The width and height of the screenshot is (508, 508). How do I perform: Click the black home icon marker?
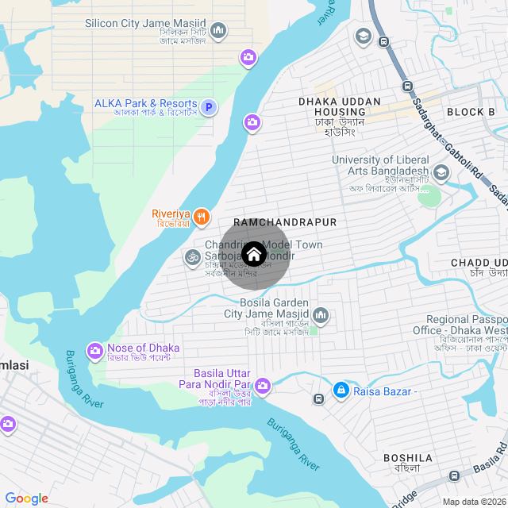click(254, 254)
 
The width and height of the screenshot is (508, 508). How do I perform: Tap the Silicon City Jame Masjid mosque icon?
click(217, 32)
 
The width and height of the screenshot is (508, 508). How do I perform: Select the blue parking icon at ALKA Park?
click(209, 107)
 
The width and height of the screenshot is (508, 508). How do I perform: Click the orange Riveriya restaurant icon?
click(202, 216)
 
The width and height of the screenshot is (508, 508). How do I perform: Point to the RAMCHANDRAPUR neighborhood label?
click(285, 222)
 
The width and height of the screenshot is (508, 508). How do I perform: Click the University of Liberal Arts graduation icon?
click(441, 171)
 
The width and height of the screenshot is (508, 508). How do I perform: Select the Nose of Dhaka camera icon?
click(95, 349)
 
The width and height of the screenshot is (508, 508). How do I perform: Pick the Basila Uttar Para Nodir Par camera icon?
click(263, 387)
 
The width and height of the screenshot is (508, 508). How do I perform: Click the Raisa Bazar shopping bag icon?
click(341, 390)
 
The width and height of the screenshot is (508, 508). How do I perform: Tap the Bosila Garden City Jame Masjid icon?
click(320, 316)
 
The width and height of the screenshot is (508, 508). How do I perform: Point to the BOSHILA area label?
click(408, 458)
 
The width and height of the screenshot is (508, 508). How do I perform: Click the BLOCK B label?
click(471, 112)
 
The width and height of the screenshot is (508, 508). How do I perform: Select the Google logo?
click(26, 498)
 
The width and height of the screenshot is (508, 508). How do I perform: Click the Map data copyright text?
click(473, 502)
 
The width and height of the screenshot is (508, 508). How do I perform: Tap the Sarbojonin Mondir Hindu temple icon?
click(191, 257)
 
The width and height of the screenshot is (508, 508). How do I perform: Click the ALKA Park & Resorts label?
click(145, 104)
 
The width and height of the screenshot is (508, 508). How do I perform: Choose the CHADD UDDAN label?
click(479, 263)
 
